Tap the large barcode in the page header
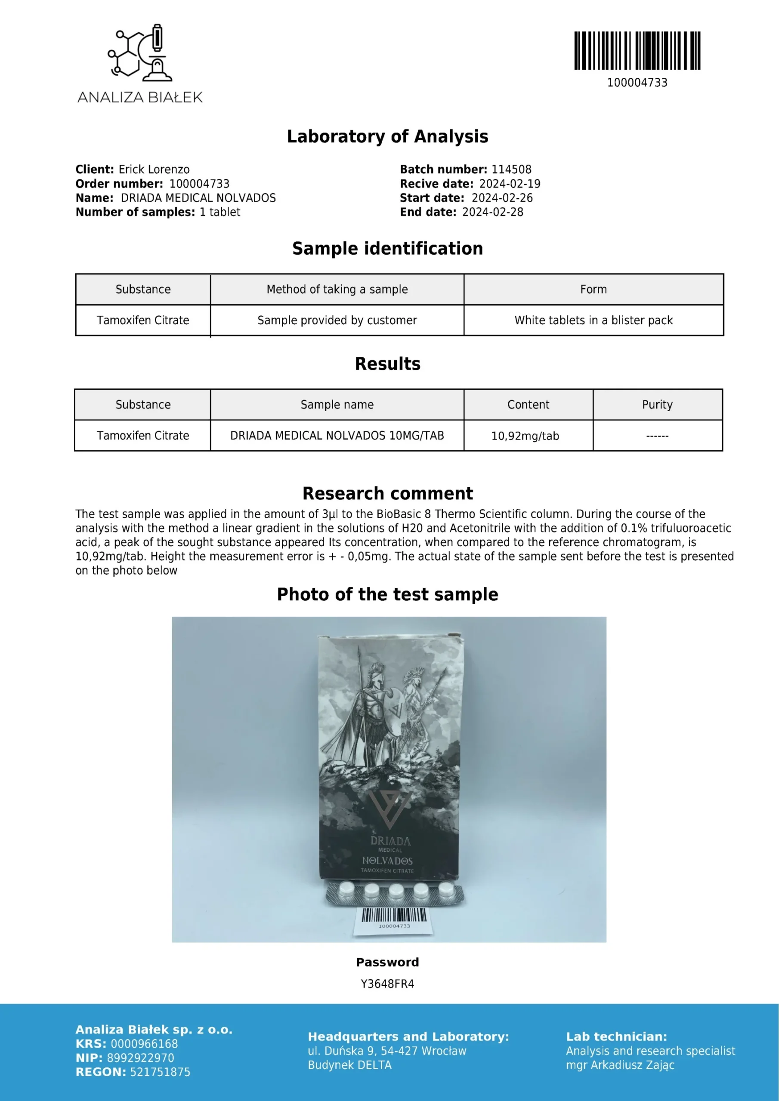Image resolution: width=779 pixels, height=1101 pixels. (637, 51)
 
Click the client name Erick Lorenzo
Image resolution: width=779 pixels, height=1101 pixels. (154, 169)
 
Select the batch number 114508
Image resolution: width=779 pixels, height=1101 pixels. (511, 169)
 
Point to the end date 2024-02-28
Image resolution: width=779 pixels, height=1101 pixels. (492, 212)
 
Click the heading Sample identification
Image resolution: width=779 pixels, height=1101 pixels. (387, 249)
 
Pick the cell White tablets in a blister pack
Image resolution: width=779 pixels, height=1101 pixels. (593, 320)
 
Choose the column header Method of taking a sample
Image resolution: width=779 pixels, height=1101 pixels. (337, 289)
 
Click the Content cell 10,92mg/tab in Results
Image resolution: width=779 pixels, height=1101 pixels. (525, 436)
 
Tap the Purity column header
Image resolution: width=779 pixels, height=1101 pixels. (657, 405)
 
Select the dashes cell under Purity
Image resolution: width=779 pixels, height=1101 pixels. (657, 436)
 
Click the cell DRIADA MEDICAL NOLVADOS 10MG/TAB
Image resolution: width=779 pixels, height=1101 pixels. (337, 435)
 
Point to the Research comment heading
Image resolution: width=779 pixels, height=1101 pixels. (387, 493)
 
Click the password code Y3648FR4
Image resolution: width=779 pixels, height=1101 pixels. (387, 984)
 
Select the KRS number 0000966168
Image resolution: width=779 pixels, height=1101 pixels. (144, 1044)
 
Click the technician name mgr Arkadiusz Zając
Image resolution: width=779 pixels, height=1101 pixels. (620, 1065)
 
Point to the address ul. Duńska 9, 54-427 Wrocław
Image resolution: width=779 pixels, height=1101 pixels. (387, 1051)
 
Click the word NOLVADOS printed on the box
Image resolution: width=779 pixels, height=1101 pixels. (387, 861)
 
